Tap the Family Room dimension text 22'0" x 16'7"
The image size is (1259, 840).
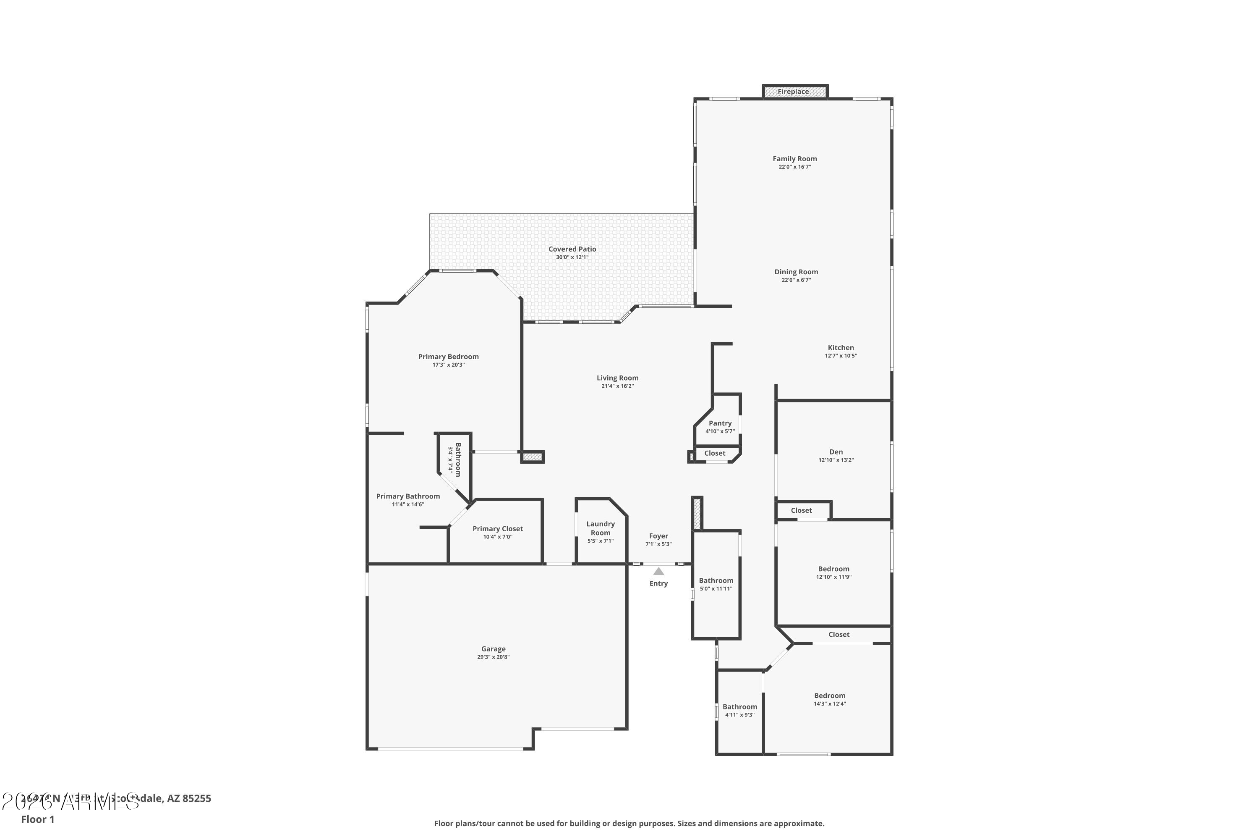[x=794, y=167]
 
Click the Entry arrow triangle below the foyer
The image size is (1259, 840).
[x=658, y=572]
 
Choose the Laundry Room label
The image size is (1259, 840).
[x=600, y=528]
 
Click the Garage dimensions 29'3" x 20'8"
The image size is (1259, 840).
[x=493, y=657]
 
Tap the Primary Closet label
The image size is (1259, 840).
[x=497, y=529]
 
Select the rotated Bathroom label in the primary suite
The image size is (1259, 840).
[x=458, y=459]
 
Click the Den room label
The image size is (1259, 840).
[x=836, y=452]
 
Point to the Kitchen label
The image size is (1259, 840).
[x=841, y=348]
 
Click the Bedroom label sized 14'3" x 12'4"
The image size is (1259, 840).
[x=829, y=696]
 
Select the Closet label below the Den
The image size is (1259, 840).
[x=801, y=511]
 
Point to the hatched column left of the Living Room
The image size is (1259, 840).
[x=533, y=457]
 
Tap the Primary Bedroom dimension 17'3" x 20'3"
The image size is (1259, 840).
[x=448, y=365]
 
